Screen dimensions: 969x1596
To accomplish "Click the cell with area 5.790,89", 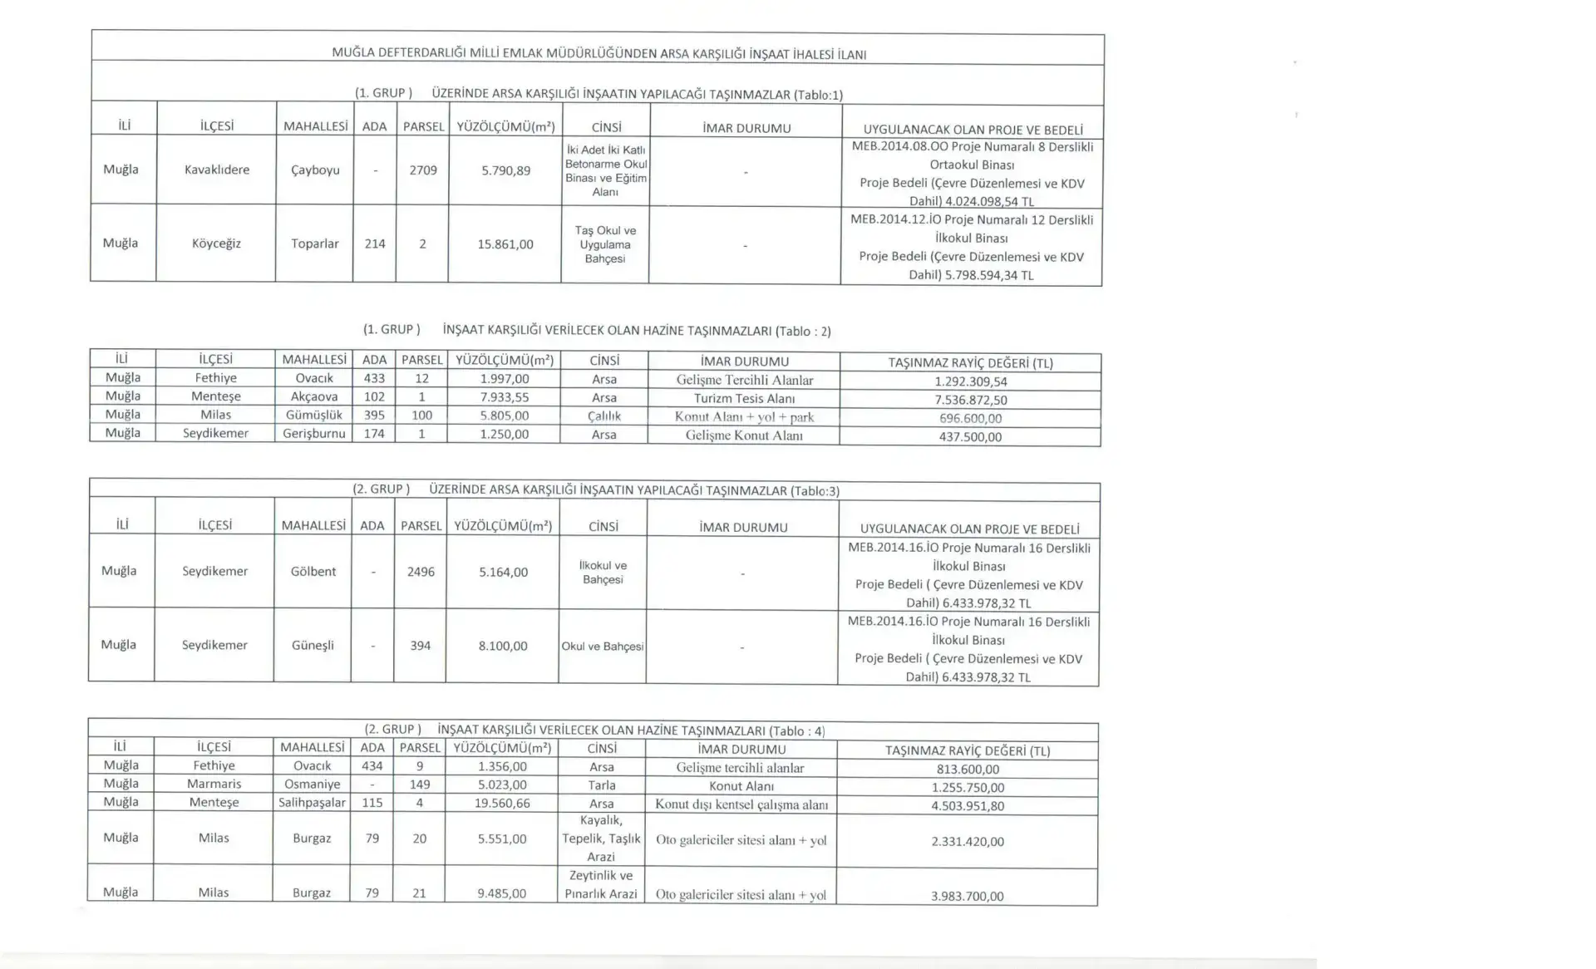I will click(505, 170).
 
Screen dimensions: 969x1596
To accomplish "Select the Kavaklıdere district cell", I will click(217, 170).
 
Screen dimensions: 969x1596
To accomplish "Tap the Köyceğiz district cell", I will click(216, 243).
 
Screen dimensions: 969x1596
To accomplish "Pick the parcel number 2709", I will click(423, 170).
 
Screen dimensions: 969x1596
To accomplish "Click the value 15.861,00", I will click(505, 244).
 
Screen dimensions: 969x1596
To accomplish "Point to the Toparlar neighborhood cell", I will click(315, 243).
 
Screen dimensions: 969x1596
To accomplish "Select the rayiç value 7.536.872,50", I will click(971, 400).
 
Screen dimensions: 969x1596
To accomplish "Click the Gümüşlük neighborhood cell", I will click(314, 415).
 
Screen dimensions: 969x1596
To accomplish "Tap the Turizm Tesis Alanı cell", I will click(744, 398).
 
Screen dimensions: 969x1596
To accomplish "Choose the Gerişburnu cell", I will click(314, 433).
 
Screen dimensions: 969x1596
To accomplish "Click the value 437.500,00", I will click(970, 436).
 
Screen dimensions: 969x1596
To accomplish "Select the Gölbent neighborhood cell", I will click(313, 571).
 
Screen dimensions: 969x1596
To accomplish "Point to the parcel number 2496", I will click(421, 572).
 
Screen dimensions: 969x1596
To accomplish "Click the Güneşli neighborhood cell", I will click(313, 645).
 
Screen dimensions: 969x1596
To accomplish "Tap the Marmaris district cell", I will click(214, 784).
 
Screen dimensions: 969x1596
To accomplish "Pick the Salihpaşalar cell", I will click(313, 803).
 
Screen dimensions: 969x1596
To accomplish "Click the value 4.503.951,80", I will click(968, 805).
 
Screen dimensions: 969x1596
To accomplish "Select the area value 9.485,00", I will click(502, 893).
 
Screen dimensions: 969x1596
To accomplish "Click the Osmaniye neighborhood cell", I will click(313, 784).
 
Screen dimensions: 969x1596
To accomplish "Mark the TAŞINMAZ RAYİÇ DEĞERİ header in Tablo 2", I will click(970, 363).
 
